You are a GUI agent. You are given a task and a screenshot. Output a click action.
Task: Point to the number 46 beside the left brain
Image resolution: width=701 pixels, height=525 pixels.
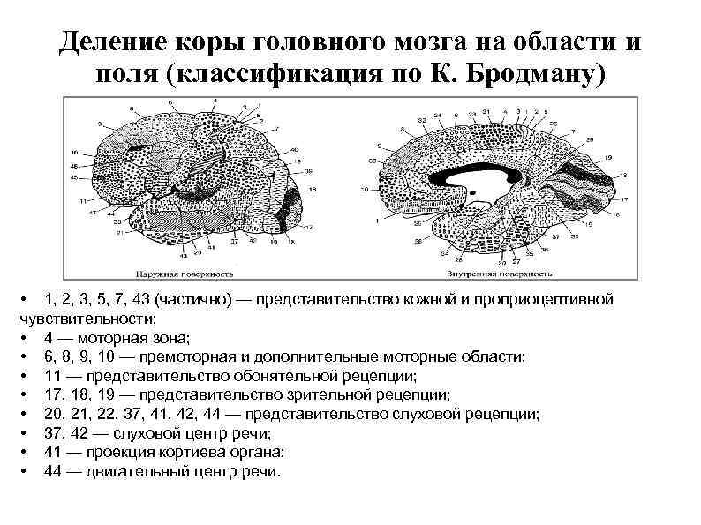[74, 166]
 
